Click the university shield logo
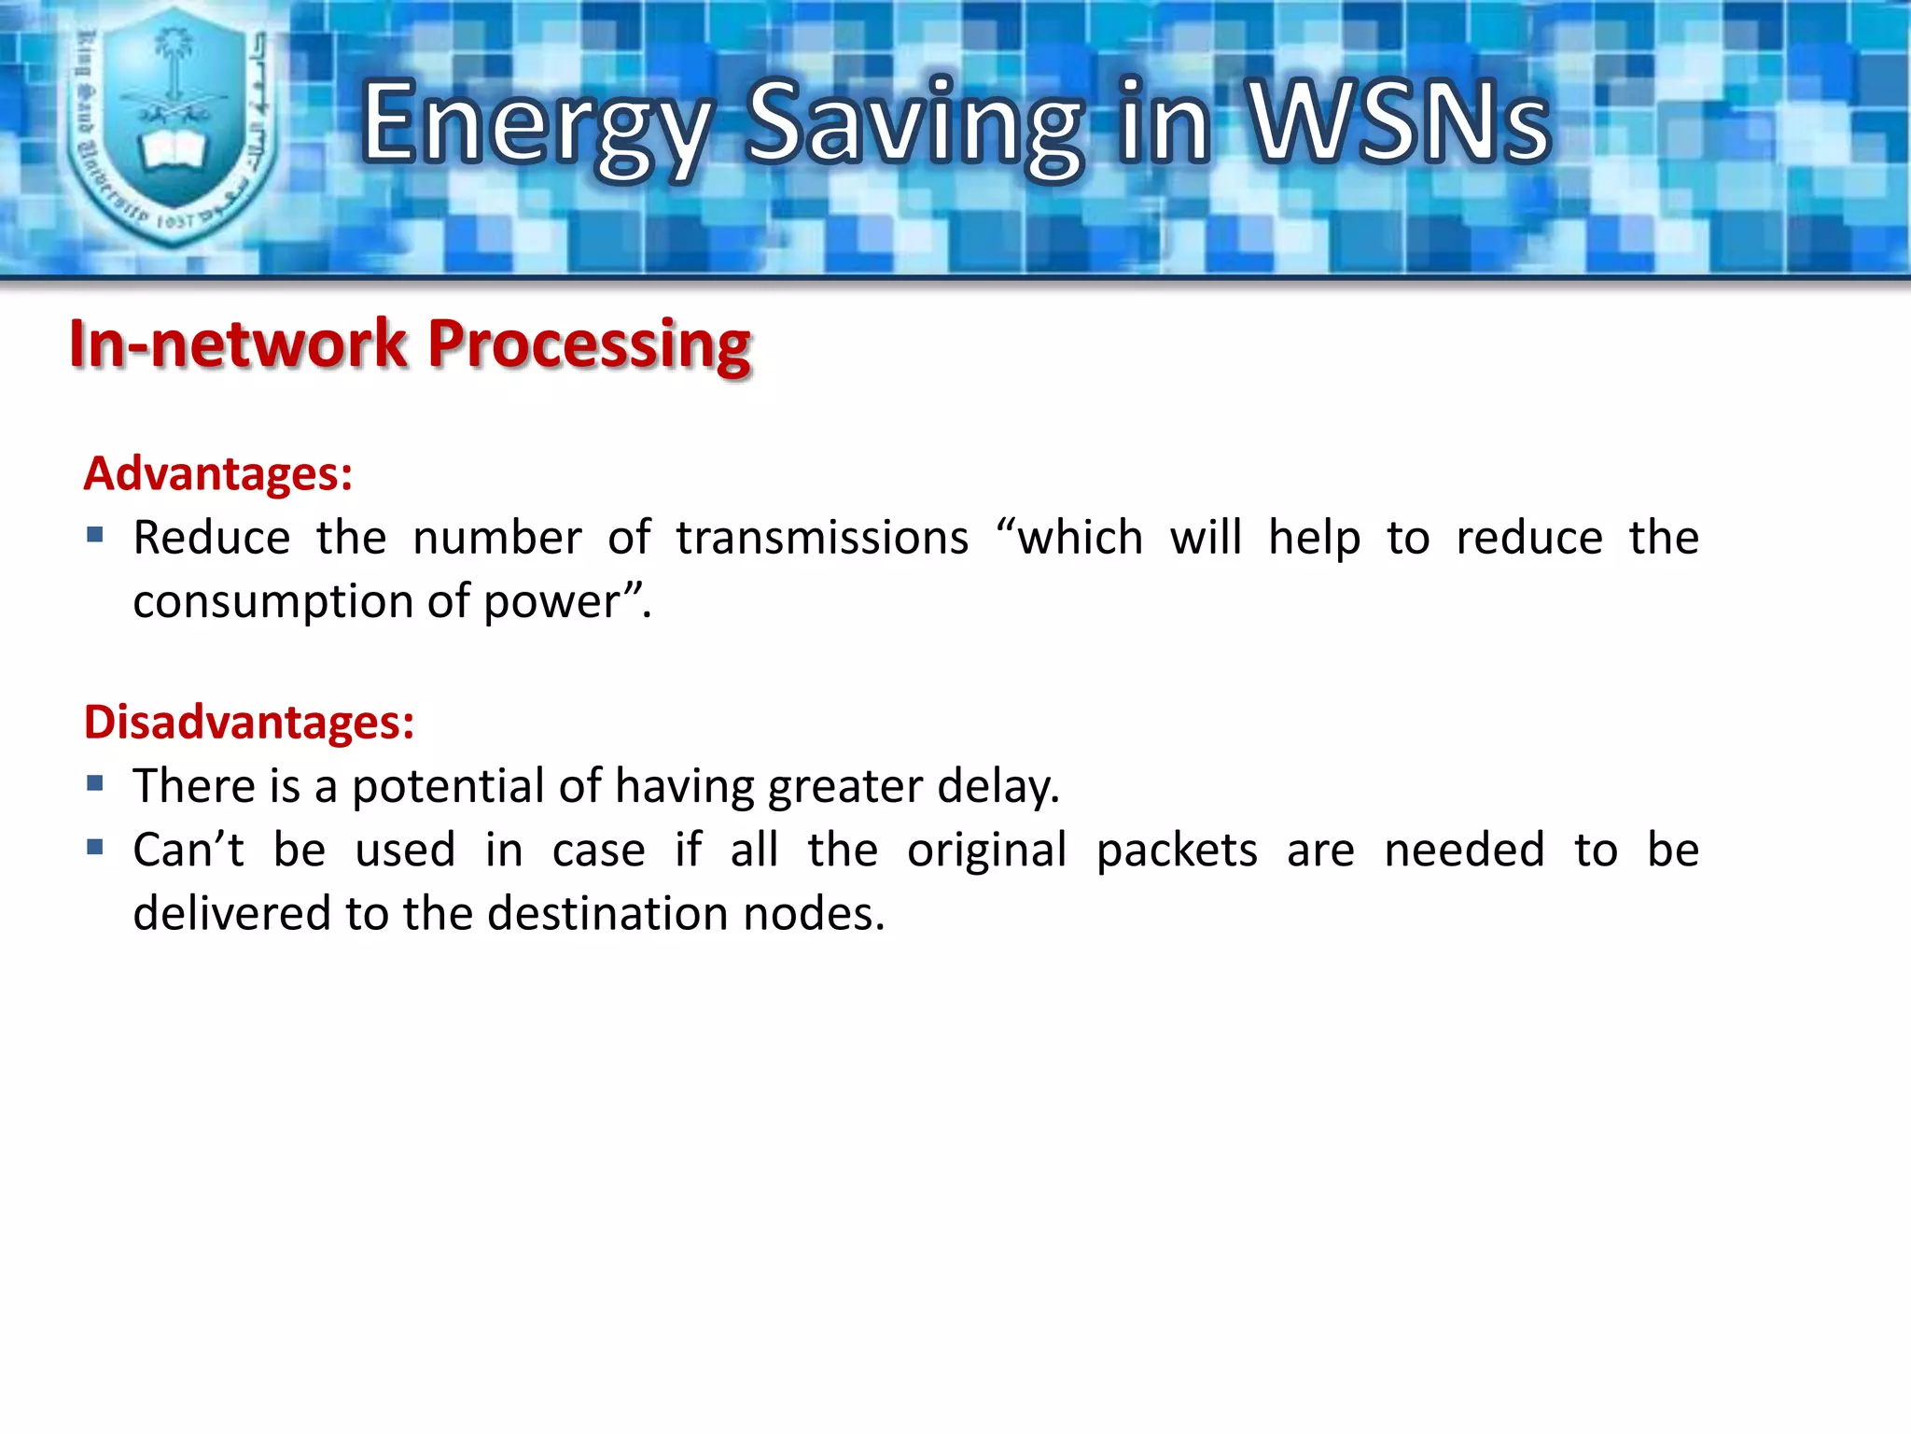[x=173, y=126]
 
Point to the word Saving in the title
[x=914, y=126]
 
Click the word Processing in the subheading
[x=589, y=344]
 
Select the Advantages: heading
[x=218, y=473]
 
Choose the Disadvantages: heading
[x=249, y=722]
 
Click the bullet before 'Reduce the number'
[x=94, y=536]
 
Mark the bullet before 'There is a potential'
[x=94, y=783]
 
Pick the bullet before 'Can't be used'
[x=94, y=848]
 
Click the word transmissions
[x=822, y=538]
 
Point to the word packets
[x=1176, y=851]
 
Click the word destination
[x=607, y=913]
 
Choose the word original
[x=986, y=851]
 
